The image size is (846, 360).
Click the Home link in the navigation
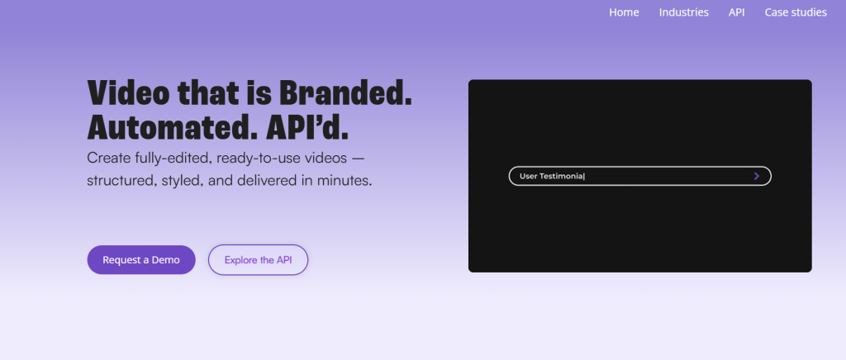pos(624,12)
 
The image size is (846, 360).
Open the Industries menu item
pos(683,12)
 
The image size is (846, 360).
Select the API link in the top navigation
pos(736,12)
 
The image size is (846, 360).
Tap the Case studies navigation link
pos(796,12)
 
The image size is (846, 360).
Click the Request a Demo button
pos(141,260)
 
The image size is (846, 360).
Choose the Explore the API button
pos(258,260)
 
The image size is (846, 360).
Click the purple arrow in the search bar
pos(757,176)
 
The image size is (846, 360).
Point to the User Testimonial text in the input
pos(551,176)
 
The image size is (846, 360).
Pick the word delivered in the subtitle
pos(254,181)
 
